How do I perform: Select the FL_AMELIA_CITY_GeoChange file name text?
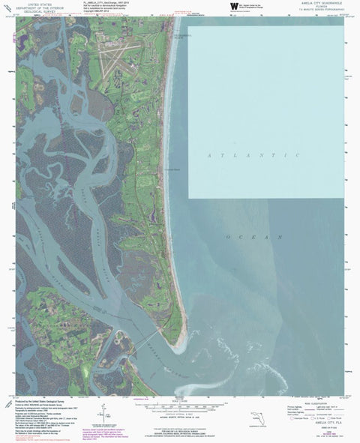[100, 4]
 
